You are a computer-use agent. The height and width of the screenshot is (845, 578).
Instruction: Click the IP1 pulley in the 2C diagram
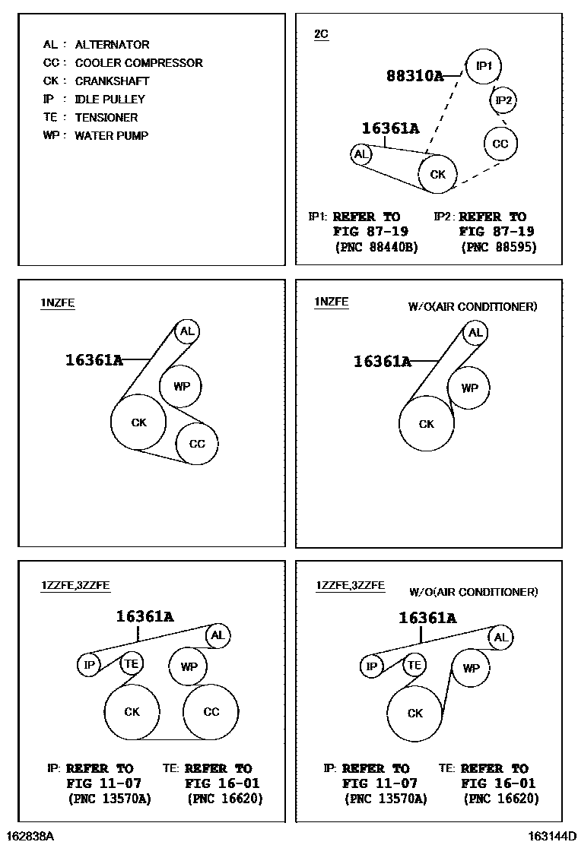(x=484, y=67)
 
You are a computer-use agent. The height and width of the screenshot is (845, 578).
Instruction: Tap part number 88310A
(x=414, y=76)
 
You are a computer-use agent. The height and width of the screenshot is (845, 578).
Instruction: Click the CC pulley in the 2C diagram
(x=500, y=144)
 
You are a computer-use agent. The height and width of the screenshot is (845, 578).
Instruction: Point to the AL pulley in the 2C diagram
(x=361, y=155)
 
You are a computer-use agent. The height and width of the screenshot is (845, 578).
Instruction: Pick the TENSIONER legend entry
(x=106, y=118)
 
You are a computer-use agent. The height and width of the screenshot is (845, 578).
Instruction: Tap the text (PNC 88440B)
(x=376, y=248)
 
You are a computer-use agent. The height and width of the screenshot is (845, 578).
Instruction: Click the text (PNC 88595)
(x=499, y=248)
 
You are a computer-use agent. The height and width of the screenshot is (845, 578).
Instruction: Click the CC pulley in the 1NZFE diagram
(x=197, y=443)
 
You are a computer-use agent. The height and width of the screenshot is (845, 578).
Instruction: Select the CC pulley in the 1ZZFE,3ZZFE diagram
(x=211, y=712)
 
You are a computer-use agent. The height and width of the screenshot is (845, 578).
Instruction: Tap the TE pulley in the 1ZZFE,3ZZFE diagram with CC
(x=132, y=663)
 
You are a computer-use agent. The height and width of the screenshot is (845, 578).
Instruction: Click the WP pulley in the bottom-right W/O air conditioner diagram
(x=472, y=669)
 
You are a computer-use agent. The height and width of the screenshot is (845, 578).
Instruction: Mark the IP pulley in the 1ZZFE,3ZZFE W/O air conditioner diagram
(x=372, y=667)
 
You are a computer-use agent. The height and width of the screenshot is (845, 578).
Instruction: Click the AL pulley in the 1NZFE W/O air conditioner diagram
(x=475, y=333)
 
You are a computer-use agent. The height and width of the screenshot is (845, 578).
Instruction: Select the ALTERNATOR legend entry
(x=112, y=45)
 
